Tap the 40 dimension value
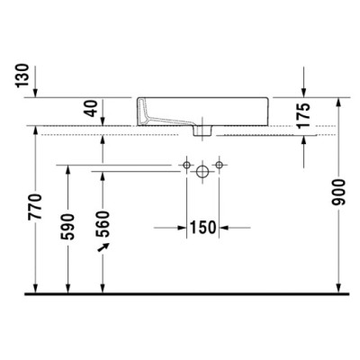pos(89,112)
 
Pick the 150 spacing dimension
pos(202,228)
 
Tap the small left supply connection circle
pos(185,167)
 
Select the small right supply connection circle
pos(220,167)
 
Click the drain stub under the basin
pos(202,131)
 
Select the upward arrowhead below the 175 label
pos(303,139)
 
